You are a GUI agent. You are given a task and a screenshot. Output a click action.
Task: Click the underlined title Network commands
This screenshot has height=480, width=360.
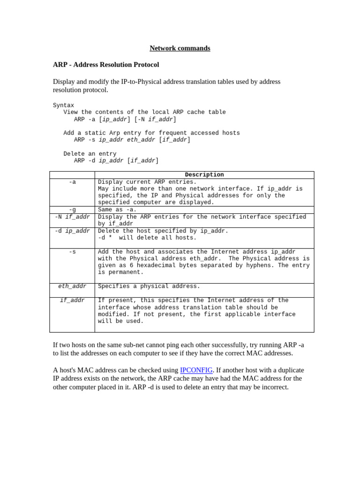point(180,48)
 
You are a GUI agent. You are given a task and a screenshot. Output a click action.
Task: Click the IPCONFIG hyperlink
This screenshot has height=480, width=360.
point(196,370)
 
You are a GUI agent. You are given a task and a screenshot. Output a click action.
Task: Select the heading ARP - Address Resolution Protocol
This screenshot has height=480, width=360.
point(106,65)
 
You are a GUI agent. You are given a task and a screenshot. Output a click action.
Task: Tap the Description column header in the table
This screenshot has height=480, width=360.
point(204,175)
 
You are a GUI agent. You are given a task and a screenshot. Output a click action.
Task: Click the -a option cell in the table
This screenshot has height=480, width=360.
point(72,182)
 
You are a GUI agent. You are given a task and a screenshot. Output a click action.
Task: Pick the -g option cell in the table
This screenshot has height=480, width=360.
point(72,210)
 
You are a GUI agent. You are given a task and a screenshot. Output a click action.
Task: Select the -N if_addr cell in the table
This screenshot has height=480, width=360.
point(72,217)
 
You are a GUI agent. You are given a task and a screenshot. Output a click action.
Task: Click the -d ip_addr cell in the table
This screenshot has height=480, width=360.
point(72,231)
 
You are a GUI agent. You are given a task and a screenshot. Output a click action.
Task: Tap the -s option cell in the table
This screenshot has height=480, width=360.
point(72,252)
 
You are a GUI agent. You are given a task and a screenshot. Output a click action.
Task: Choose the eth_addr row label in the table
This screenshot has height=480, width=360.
point(72,286)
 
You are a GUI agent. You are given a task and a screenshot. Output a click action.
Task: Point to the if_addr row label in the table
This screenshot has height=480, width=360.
point(72,300)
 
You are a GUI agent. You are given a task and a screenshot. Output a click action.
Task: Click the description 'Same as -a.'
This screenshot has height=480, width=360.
point(117,210)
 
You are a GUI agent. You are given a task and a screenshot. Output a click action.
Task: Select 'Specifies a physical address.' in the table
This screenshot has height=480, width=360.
point(149,286)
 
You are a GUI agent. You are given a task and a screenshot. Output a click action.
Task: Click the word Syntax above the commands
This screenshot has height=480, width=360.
point(63,105)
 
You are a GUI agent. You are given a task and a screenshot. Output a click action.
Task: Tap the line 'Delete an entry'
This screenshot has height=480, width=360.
point(90,154)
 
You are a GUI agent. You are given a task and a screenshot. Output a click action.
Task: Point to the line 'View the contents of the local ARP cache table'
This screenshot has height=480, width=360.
point(144,112)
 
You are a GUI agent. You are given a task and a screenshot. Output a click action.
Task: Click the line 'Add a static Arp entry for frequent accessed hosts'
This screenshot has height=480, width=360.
point(151,133)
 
